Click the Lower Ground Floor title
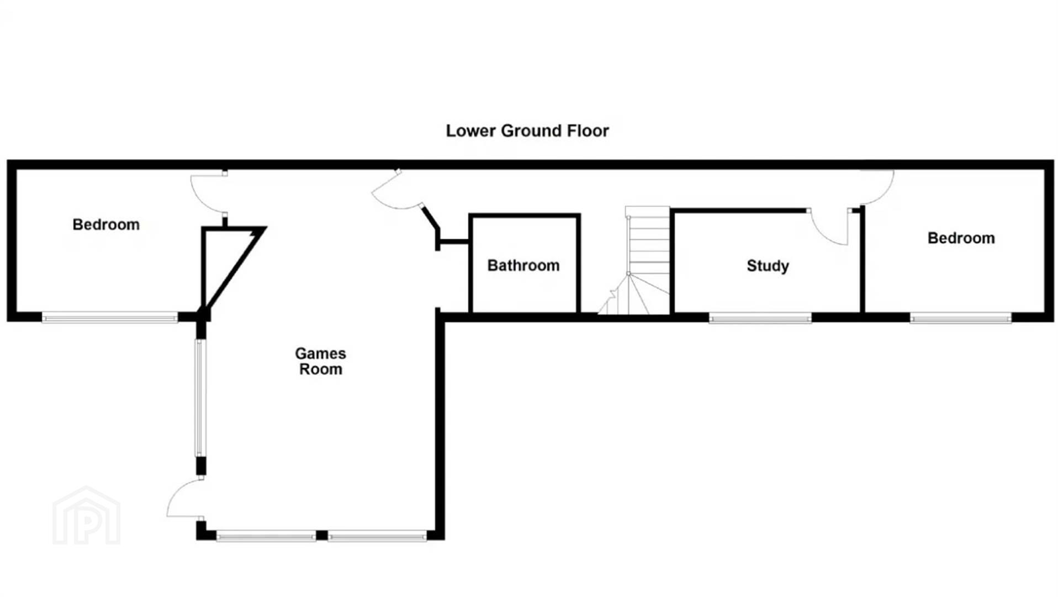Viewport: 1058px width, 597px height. click(527, 131)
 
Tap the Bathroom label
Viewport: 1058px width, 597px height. click(523, 265)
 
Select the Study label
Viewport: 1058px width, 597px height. click(768, 266)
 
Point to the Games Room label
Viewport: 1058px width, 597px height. click(320, 361)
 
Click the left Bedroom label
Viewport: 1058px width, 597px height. click(106, 224)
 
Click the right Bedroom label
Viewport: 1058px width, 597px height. click(961, 238)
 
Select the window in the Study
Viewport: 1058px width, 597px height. click(760, 318)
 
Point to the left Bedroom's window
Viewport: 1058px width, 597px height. click(110, 317)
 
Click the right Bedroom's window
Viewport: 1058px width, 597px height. click(960, 318)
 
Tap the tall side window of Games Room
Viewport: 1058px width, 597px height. click(200, 398)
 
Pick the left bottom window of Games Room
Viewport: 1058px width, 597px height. click(266, 535)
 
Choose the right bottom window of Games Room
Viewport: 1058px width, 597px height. click(377, 535)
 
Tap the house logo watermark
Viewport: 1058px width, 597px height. click(86, 515)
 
